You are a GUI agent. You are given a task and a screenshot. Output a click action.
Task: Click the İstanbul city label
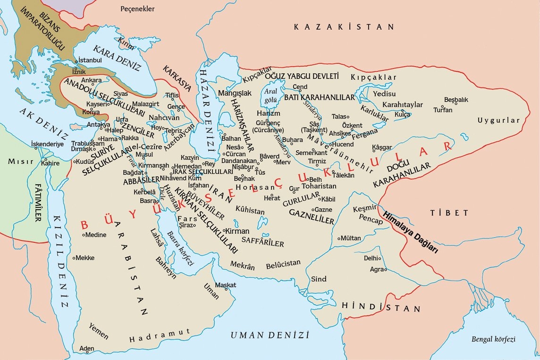90,60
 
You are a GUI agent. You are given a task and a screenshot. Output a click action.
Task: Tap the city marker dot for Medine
84,235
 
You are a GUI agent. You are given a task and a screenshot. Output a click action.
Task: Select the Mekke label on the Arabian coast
85,258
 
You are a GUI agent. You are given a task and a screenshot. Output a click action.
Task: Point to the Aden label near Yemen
87,349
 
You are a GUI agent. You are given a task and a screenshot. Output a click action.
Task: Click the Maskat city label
225,285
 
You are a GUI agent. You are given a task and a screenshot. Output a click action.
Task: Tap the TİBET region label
449,213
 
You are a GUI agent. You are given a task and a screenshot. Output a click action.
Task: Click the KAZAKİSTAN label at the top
344,27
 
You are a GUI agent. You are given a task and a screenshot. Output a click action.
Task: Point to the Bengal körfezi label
493,339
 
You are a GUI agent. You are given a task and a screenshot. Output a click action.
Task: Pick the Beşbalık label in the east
456,100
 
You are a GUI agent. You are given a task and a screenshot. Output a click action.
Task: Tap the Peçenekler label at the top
138,9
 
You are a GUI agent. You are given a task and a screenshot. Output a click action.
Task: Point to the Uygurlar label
498,120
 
